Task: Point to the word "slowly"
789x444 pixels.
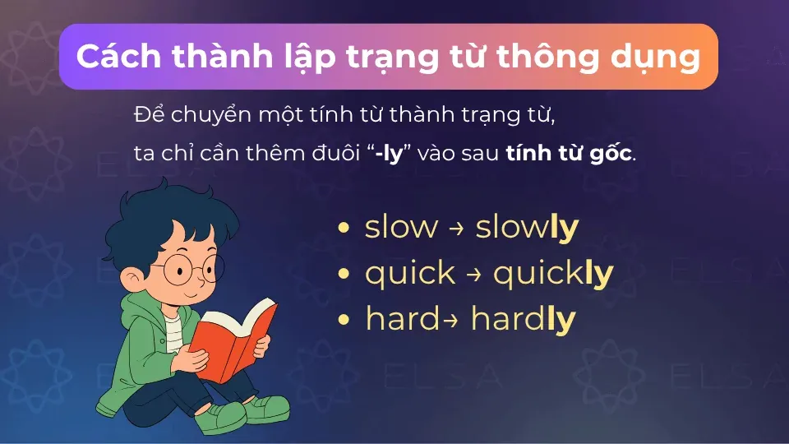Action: [x=527, y=228]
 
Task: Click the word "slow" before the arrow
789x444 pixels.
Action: [x=401, y=228]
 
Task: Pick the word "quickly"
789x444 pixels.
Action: [x=553, y=274]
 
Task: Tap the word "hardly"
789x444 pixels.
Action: [x=523, y=320]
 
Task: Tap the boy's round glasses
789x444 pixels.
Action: [x=187, y=267]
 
